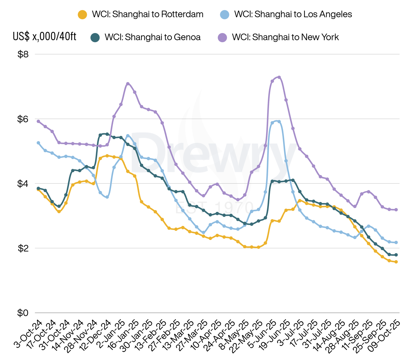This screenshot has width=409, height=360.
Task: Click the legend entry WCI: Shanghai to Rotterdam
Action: pos(147,14)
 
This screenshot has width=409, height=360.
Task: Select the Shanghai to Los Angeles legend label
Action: pos(293,14)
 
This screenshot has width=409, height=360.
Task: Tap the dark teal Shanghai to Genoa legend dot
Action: pos(95,38)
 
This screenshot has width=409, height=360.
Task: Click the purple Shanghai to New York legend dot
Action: pos(222,38)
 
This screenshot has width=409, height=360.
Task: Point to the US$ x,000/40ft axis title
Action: pos(45,37)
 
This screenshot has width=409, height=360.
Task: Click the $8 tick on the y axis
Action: pos(23,54)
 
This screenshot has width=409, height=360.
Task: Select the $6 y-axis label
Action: pos(23,119)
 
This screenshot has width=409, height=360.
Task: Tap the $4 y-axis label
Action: pos(23,184)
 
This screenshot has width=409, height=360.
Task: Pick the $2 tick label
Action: pos(23,248)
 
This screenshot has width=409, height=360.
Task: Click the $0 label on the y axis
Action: pos(23,313)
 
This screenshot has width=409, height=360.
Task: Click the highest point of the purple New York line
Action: pos(279,77)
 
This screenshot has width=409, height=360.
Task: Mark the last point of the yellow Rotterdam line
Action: pos(396,262)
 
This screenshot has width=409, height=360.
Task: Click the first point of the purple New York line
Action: pos(38,121)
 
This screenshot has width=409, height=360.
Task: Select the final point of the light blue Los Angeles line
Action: pos(396,243)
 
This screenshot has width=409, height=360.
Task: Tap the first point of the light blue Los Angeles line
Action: pos(38,143)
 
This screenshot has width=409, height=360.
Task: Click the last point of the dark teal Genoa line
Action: pos(396,255)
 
